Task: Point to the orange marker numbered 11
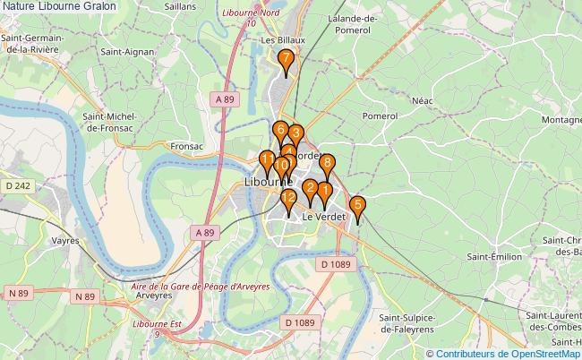coord(267,162)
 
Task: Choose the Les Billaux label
coord(282,40)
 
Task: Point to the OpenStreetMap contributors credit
coord(502,353)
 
